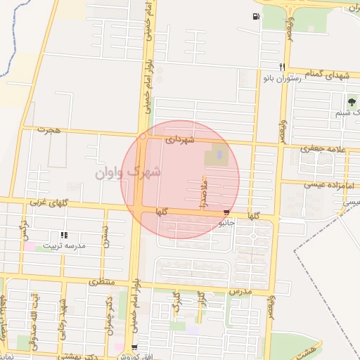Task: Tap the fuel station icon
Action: (255, 17)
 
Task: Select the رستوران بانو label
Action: (283, 78)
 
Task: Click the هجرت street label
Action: (50, 130)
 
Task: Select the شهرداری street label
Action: (179, 140)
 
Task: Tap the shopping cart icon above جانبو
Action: (226, 212)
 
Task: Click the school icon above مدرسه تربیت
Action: (64, 236)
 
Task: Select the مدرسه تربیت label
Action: (65, 246)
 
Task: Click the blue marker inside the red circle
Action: (219, 154)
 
